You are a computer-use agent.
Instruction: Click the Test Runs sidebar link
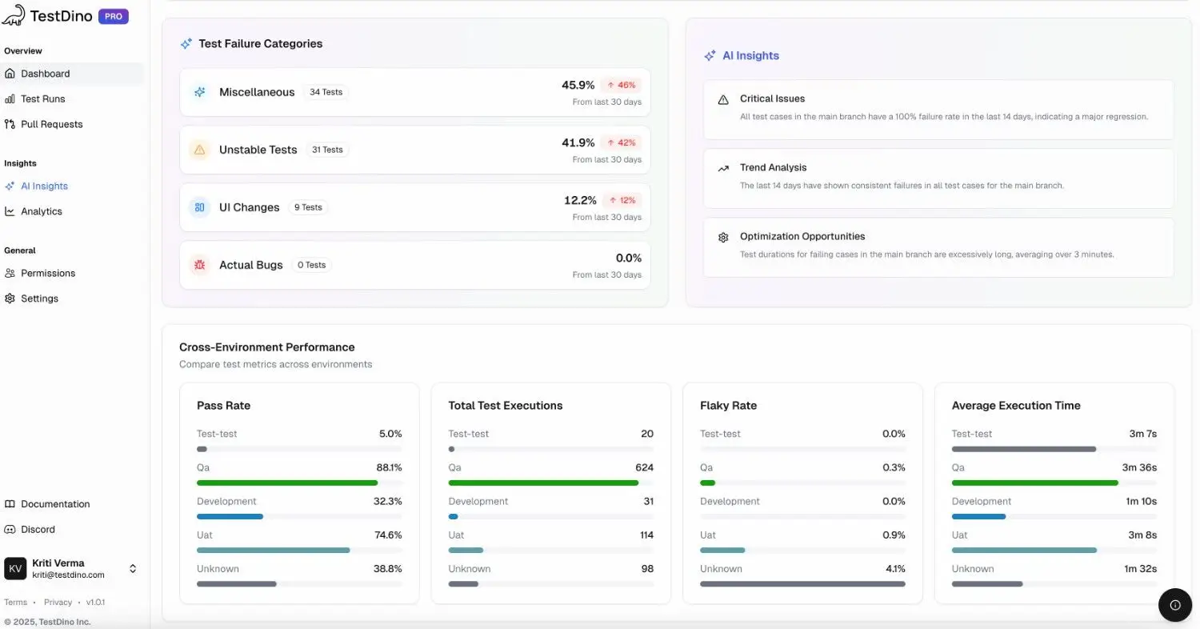click(x=42, y=99)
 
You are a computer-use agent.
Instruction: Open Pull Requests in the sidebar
click(x=51, y=125)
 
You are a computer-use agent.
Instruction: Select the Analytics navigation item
click(x=41, y=212)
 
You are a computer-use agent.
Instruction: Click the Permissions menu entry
click(x=48, y=274)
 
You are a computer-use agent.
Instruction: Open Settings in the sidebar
click(x=39, y=299)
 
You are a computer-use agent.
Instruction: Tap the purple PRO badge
click(x=113, y=17)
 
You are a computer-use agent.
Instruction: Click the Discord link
click(x=38, y=530)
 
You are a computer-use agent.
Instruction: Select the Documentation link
click(x=55, y=504)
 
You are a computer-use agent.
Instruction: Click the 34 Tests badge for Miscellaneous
click(x=326, y=93)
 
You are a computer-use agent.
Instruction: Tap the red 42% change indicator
click(x=621, y=143)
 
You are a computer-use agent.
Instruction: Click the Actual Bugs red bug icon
click(x=199, y=265)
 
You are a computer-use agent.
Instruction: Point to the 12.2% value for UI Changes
click(x=580, y=201)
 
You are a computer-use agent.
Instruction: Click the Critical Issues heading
click(x=772, y=99)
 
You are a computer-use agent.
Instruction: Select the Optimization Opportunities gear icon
click(x=723, y=238)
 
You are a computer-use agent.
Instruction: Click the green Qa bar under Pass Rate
click(x=287, y=483)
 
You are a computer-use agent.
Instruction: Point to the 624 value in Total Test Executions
click(x=644, y=468)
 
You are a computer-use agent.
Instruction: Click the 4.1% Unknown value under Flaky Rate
click(x=894, y=569)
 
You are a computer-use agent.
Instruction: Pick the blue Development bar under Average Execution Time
click(x=978, y=517)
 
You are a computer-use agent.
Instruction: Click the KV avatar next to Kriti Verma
click(x=15, y=569)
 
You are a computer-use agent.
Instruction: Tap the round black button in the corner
click(x=1174, y=605)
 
